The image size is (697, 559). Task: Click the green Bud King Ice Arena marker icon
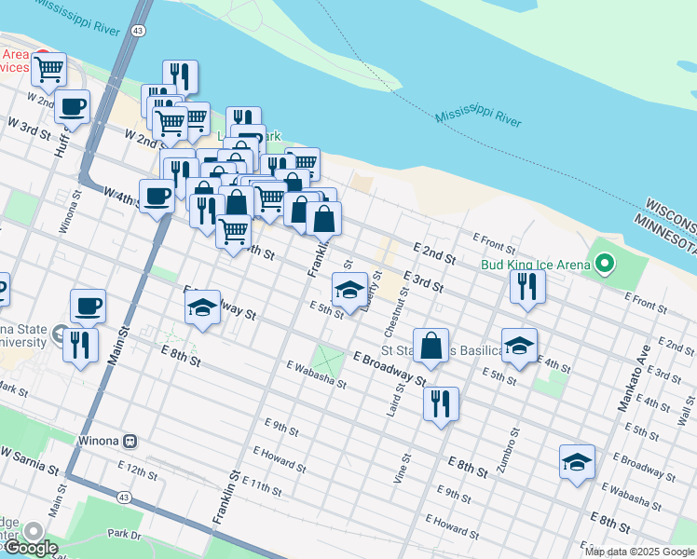coord(604,265)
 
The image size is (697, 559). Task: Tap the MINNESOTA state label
coord(665,225)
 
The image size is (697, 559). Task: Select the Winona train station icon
coord(130,441)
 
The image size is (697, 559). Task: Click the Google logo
coord(30,548)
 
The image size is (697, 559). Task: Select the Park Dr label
coord(123,534)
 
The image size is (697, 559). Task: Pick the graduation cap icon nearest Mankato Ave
coord(577,461)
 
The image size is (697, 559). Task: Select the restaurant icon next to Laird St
coord(440,403)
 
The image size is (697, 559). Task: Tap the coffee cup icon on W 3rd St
coord(72,105)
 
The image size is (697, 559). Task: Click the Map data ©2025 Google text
coord(639,552)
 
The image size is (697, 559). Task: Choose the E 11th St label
coord(261,484)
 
